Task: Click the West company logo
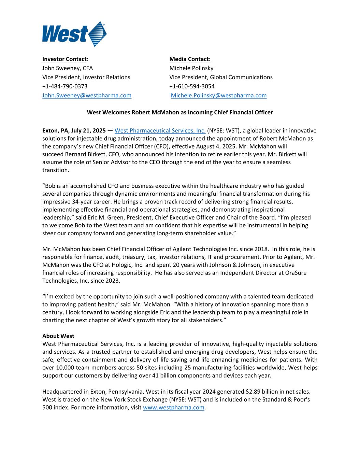coord(74,34)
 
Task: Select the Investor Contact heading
coord(64,59)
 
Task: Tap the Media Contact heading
coord(190,59)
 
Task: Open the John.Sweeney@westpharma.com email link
coord(87,96)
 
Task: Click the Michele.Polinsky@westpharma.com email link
coord(219,96)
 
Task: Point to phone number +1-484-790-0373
coord(65,86)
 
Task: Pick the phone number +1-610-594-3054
coord(192,86)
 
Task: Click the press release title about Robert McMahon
coord(180,112)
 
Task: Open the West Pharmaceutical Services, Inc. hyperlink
coord(160,130)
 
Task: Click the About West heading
coord(58,336)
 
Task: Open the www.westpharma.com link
coord(174,407)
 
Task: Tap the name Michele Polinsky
coord(191,68)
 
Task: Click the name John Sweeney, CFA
coord(68,68)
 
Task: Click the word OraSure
coord(299,273)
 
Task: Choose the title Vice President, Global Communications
coord(221,77)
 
